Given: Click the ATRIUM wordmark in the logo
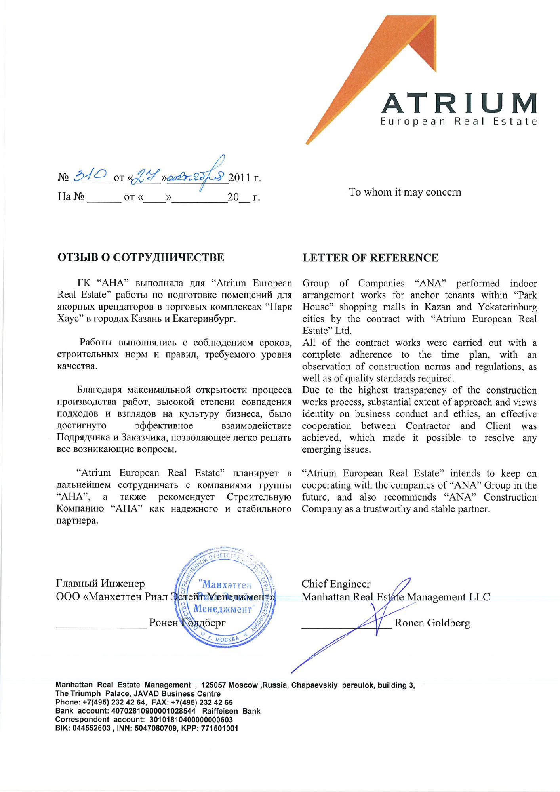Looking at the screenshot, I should click(459, 104).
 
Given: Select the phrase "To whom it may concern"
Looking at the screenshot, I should click(405, 192).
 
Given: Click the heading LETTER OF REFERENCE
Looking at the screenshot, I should click(370, 258).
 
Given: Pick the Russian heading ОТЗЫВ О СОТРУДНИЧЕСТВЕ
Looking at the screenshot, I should click(141, 257).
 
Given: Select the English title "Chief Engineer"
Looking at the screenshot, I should click(336, 584).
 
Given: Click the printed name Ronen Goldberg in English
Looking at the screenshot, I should click(432, 623).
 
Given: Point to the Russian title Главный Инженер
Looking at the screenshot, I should click(101, 583).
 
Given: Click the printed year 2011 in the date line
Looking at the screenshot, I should click(240, 178).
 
